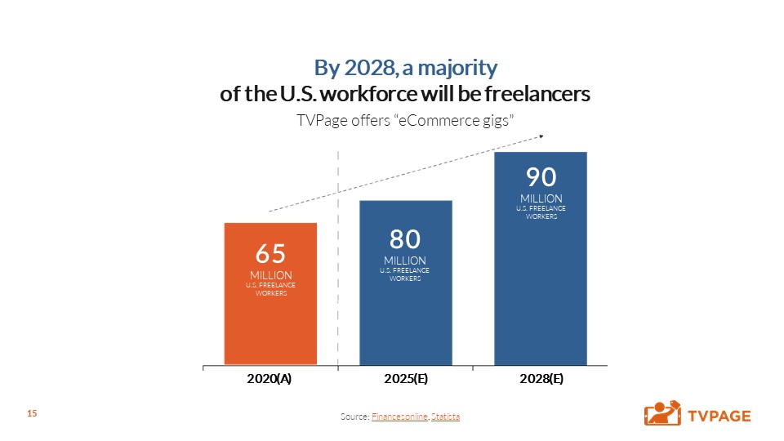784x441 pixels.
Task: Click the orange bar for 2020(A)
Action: click(x=270, y=327)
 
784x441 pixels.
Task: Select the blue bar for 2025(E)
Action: click(x=406, y=327)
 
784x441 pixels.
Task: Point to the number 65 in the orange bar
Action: click(x=270, y=252)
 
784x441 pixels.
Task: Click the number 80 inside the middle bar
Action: click(x=404, y=239)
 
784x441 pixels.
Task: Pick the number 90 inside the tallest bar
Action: click(x=540, y=177)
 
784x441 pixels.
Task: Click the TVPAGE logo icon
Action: click(x=662, y=413)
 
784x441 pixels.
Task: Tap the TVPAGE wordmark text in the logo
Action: click(x=719, y=416)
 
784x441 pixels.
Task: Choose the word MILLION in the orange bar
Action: click(x=270, y=275)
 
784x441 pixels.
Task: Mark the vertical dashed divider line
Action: click(x=338, y=261)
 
